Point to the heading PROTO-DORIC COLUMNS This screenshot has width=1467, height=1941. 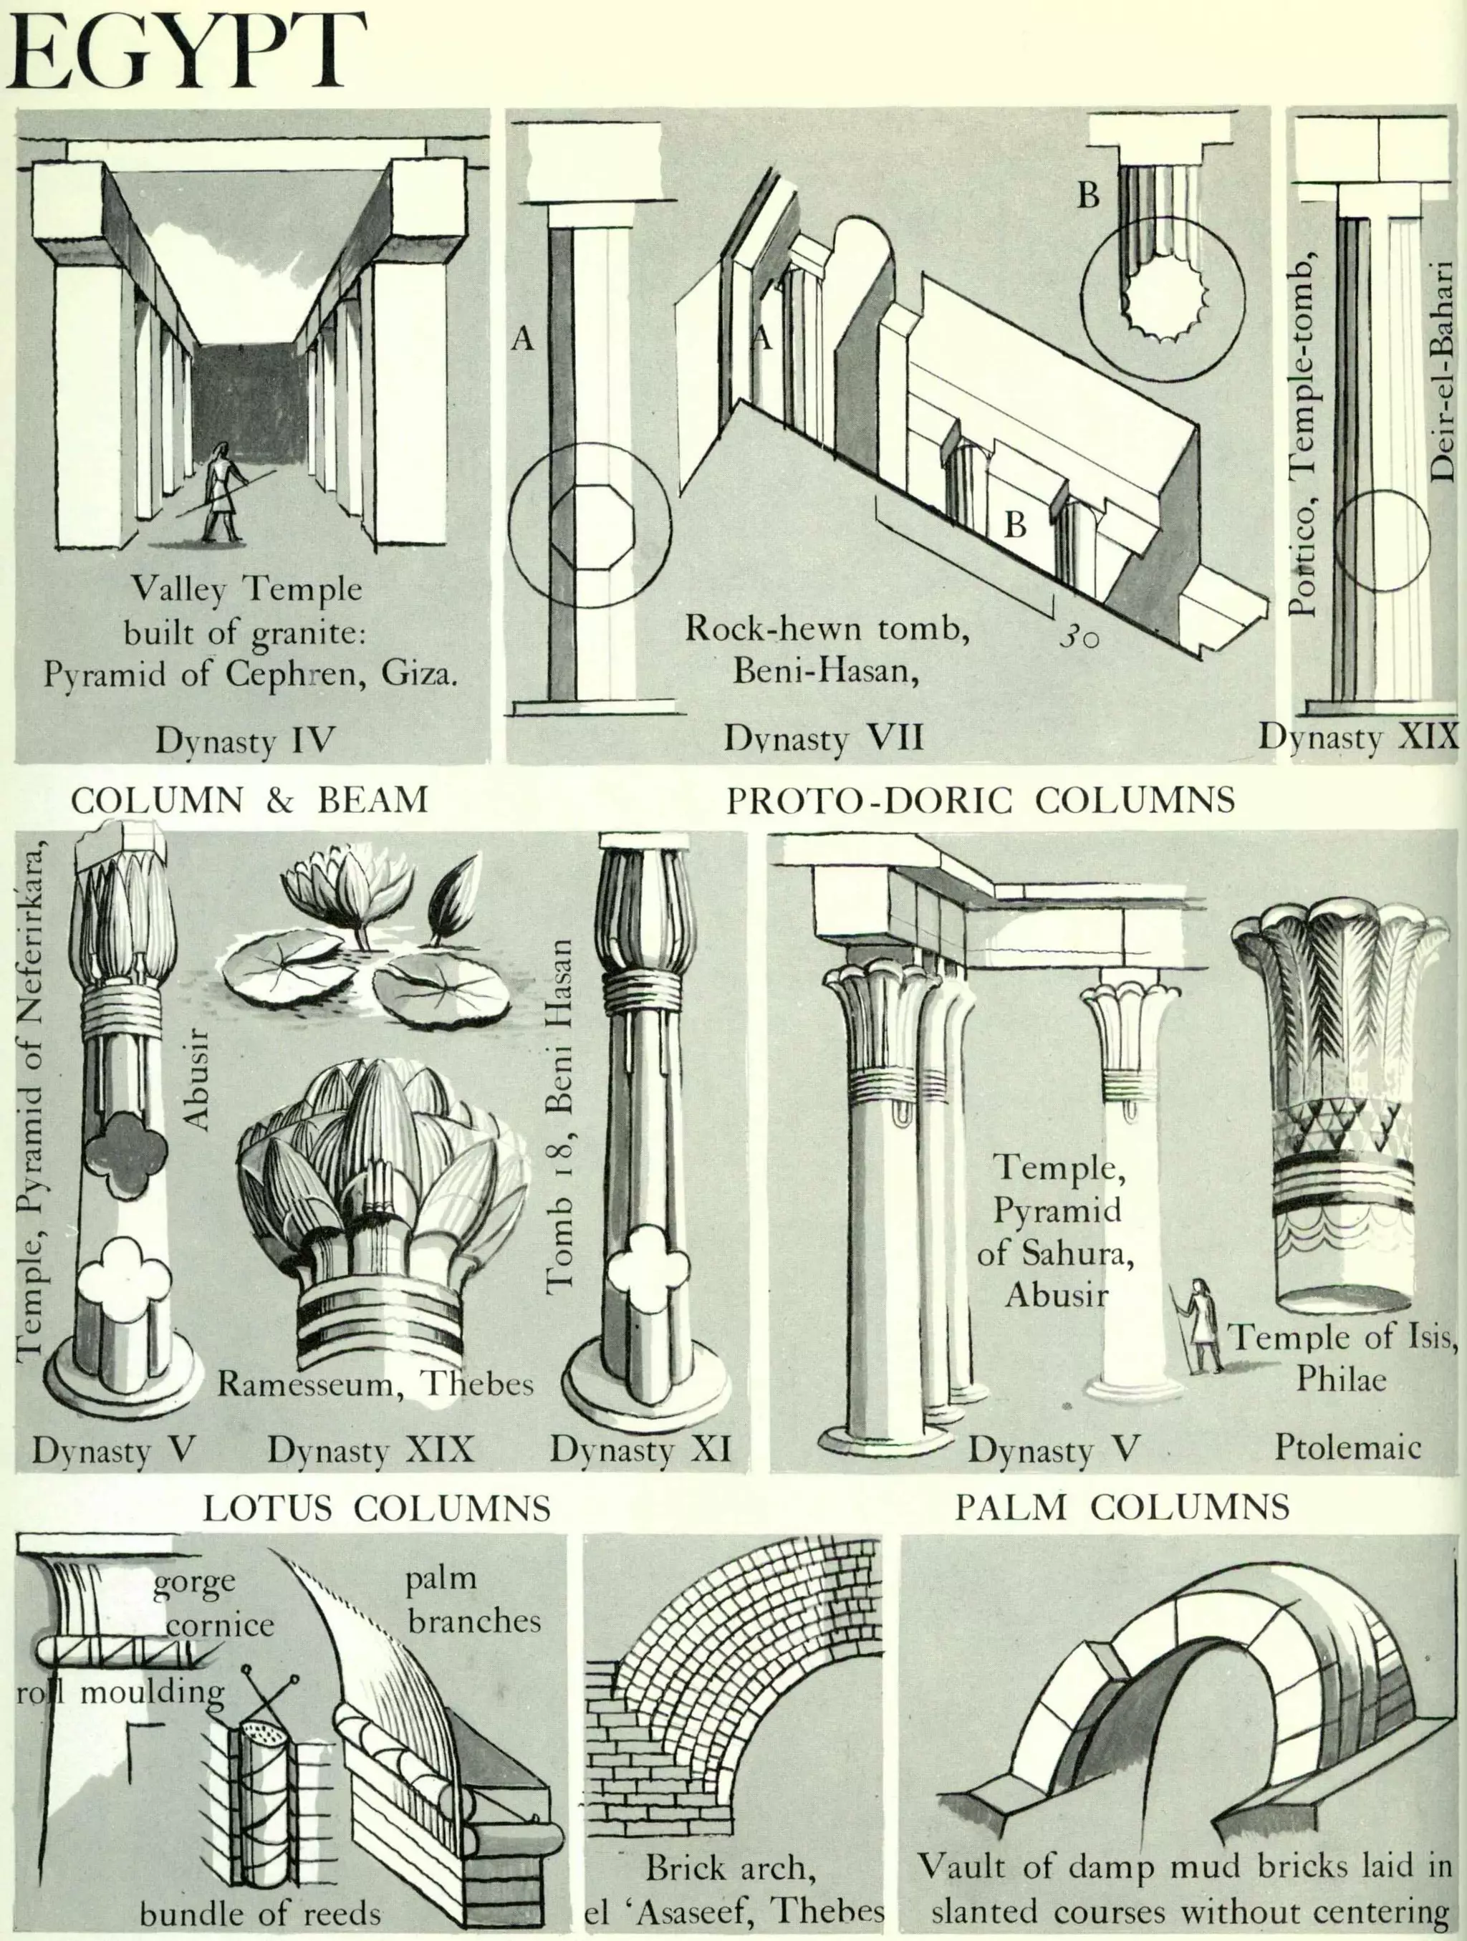[x=980, y=800]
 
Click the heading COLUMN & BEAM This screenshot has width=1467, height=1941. [x=250, y=800]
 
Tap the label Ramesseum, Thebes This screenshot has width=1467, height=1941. [x=375, y=1384]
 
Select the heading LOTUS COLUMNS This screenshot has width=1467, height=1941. [x=377, y=1533]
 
